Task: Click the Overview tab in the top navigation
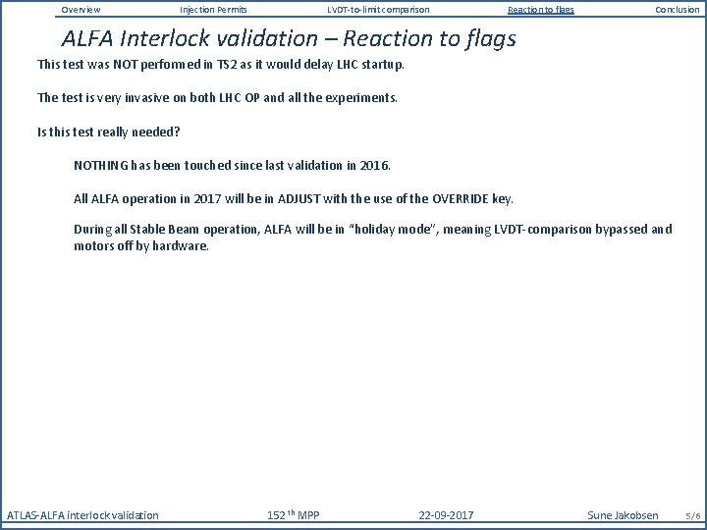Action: point(81,10)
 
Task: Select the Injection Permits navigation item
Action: point(213,10)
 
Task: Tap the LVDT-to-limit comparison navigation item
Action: point(378,10)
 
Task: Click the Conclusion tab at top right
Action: point(678,10)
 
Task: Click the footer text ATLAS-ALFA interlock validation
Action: point(82,515)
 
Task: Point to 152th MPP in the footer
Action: point(293,515)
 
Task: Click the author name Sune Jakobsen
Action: point(624,515)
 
